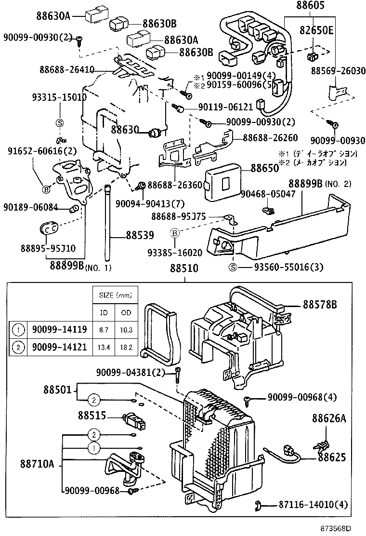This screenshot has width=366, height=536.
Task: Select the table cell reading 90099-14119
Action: point(59,330)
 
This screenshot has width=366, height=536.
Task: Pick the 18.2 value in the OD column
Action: point(126,347)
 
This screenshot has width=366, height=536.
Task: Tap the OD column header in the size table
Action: point(126,312)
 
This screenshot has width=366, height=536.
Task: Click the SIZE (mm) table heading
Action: point(115,295)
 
